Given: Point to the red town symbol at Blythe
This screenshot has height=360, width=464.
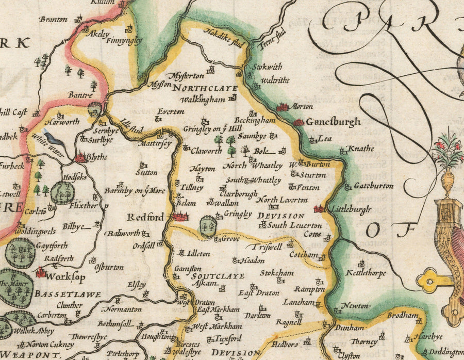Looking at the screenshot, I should point(80,158).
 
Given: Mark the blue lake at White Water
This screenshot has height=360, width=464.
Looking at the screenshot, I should point(53,138).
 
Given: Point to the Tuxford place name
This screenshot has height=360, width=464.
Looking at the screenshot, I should point(227,338).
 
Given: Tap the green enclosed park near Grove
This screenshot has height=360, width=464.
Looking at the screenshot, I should point(208,227).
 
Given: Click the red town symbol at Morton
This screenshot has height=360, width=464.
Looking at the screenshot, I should point(281,108).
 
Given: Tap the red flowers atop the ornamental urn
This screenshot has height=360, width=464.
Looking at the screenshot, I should point(448,145).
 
